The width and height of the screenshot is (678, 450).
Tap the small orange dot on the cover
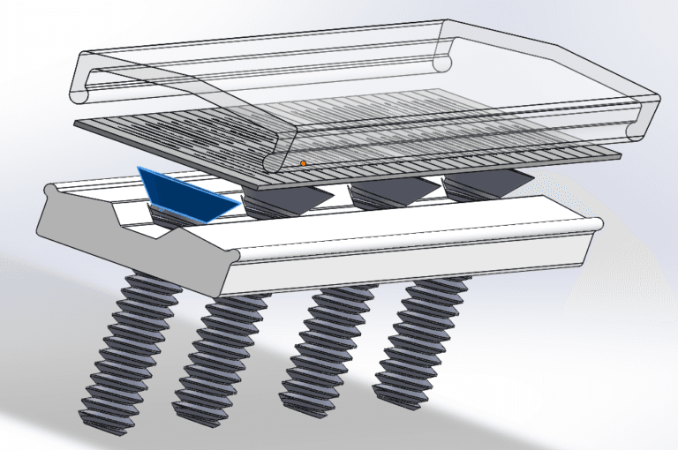303,163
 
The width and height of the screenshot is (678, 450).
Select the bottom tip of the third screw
305,401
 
